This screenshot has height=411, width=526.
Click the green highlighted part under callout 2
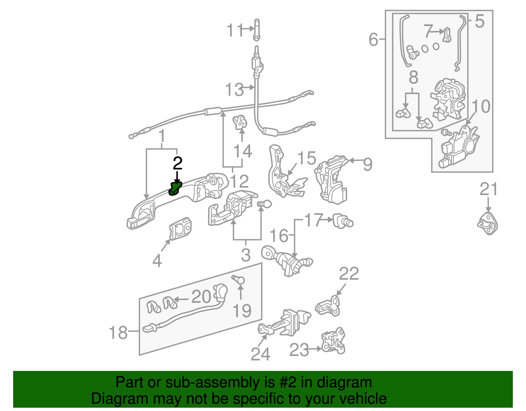click(x=175, y=189)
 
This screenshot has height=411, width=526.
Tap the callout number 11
click(x=235, y=31)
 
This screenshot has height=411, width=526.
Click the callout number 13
click(x=234, y=90)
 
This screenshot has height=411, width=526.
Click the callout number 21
click(x=489, y=189)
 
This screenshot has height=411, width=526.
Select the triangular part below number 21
click(x=488, y=224)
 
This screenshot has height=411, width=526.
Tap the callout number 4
click(x=157, y=261)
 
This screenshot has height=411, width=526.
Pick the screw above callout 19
click(x=239, y=280)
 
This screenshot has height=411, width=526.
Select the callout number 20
click(x=201, y=297)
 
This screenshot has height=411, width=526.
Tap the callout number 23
click(x=299, y=350)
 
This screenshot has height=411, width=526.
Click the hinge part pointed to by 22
click(x=328, y=306)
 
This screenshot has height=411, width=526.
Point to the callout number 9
click(x=368, y=164)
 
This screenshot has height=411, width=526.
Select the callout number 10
click(x=481, y=106)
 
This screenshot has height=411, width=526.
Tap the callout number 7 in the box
click(x=428, y=31)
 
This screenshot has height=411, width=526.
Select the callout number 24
click(x=260, y=354)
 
